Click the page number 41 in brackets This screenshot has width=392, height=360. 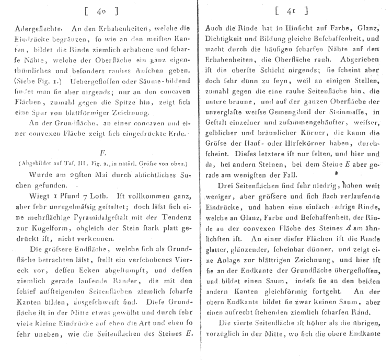pyautogui.click(x=295, y=10)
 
